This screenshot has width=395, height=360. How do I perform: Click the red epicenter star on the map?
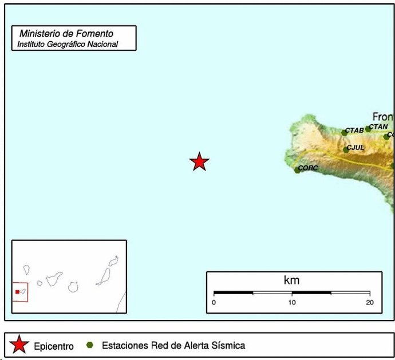tap(199, 162)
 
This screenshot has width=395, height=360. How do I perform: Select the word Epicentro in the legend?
tap(54, 346)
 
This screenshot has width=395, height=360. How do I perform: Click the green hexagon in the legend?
tap(89, 345)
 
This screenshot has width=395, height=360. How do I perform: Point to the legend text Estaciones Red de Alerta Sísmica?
tap(173, 345)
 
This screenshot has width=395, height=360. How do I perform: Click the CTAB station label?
tap(354, 130)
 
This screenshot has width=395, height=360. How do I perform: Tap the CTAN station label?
tap(378, 126)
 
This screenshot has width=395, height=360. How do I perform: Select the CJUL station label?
tap(355, 148)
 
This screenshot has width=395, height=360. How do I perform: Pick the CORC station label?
tap(308, 168)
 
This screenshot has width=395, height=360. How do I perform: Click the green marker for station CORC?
tap(297, 170)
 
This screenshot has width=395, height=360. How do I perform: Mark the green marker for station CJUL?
tap(346, 150)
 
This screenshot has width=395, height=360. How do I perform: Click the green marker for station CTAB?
tap(345, 133)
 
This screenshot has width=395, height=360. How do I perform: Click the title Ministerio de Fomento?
tap(66, 34)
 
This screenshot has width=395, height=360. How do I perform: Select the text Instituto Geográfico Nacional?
tap(68, 44)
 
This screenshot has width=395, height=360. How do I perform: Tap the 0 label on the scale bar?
tap(214, 302)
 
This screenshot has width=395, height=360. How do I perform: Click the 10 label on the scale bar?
tap(292, 302)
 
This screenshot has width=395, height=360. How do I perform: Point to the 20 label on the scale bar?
tap(369, 302)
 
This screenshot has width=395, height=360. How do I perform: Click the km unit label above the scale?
tap(291, 280)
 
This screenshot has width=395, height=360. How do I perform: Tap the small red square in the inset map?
tap(17, 292)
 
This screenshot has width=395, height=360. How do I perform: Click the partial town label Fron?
tap(382, 116)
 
